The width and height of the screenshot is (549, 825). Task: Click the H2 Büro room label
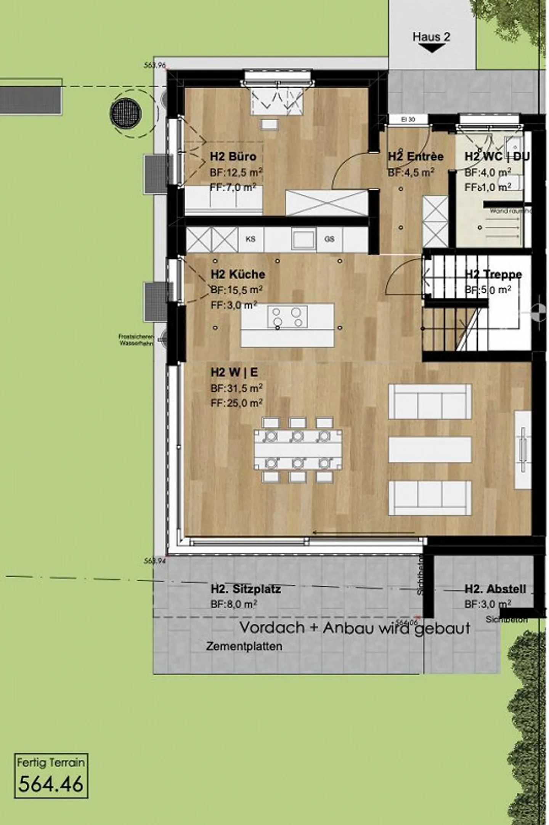[233, 157]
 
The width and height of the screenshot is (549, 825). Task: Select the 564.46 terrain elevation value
[51, 784]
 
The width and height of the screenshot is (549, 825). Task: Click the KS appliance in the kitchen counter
[250, 239]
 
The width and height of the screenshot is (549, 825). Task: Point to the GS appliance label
[329, 239]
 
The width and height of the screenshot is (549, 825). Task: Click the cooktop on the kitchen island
[287, 317]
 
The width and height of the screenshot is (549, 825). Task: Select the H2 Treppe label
[493, 274]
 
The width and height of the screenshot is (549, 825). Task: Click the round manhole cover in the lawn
[125, 113]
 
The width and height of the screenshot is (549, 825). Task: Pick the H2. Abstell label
[495, 589]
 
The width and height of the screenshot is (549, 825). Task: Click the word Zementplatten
[244, 646]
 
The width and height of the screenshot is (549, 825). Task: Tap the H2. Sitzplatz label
[246, 589]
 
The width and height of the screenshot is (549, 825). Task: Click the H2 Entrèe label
[416, 157]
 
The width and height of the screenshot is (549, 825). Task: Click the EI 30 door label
[408, 120]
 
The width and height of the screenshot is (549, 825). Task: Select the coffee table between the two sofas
[430, 450]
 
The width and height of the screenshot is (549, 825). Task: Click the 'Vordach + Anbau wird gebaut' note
[355, 628]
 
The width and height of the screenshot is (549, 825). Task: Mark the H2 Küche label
[238, 274]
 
